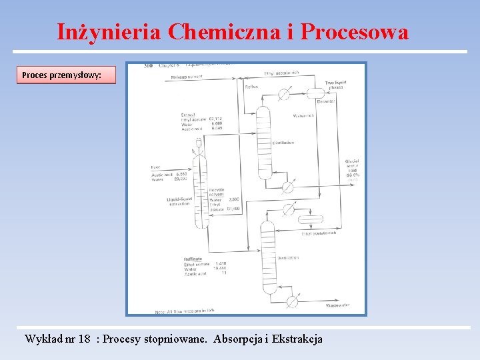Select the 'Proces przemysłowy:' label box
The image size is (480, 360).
click(x=65, y=75)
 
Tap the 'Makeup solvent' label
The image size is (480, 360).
click(x=187, y=77)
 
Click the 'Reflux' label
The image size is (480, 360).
click(x=251, y=87)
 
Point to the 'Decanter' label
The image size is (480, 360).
click(x=326, y=101)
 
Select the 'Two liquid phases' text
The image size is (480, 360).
click(x=335, y=85)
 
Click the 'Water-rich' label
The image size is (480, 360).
click(x=303, y=115)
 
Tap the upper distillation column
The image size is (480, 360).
click(x=265, y=137)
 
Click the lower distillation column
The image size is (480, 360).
click(x=268, y=257)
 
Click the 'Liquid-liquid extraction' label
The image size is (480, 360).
click(x=179, y=201)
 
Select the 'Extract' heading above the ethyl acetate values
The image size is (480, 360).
click(x=188, y=115)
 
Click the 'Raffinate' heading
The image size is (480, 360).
click(x=194, y=259)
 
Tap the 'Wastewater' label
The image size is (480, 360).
click(x=339, y=305)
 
